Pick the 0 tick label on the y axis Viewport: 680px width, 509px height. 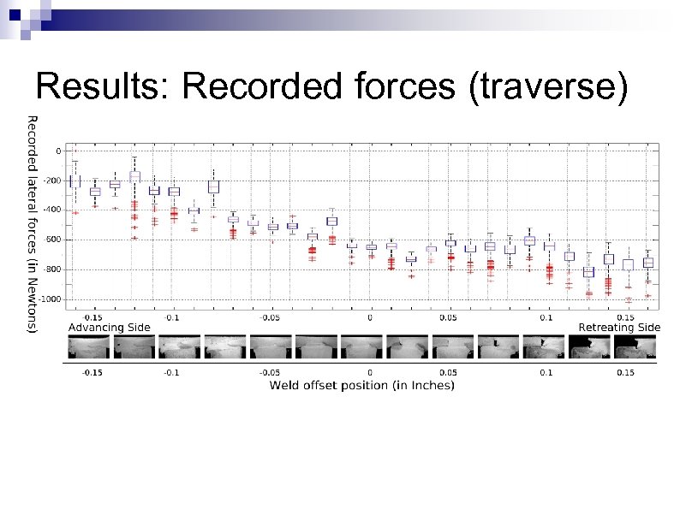(58, 151)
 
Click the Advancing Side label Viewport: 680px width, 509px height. (109, 327)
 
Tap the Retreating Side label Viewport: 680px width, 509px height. (619, 327)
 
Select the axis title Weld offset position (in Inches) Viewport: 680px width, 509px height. (361, 386)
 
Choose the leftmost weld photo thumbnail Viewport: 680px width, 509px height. (88, 347)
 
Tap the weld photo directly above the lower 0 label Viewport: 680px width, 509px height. (361, 347)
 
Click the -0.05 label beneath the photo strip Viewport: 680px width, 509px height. (271, 372)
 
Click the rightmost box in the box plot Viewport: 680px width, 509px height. (648, 263)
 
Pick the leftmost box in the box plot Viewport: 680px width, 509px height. (74, 181)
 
